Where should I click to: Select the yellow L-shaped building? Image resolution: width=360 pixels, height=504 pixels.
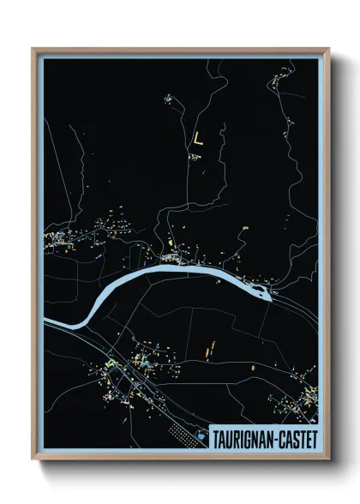pos(199,138)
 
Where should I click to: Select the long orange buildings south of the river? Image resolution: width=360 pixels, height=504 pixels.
pos(208,348)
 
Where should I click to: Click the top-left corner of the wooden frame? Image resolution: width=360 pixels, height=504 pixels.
pos(33,49)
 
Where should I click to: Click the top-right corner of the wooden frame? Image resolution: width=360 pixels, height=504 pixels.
pos(328,49)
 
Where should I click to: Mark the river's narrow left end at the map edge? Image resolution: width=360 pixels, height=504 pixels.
pos(46,323)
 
